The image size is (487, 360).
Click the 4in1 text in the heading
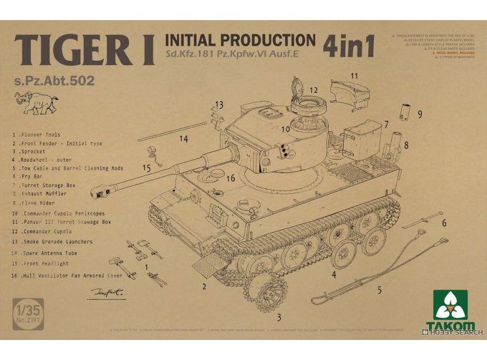pos(350,45)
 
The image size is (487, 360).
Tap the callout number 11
pos(354,75)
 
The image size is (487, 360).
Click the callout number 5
pos(379,290)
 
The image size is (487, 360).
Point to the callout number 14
pos(184,138)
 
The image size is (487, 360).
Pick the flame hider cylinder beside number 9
pos(404,111)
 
